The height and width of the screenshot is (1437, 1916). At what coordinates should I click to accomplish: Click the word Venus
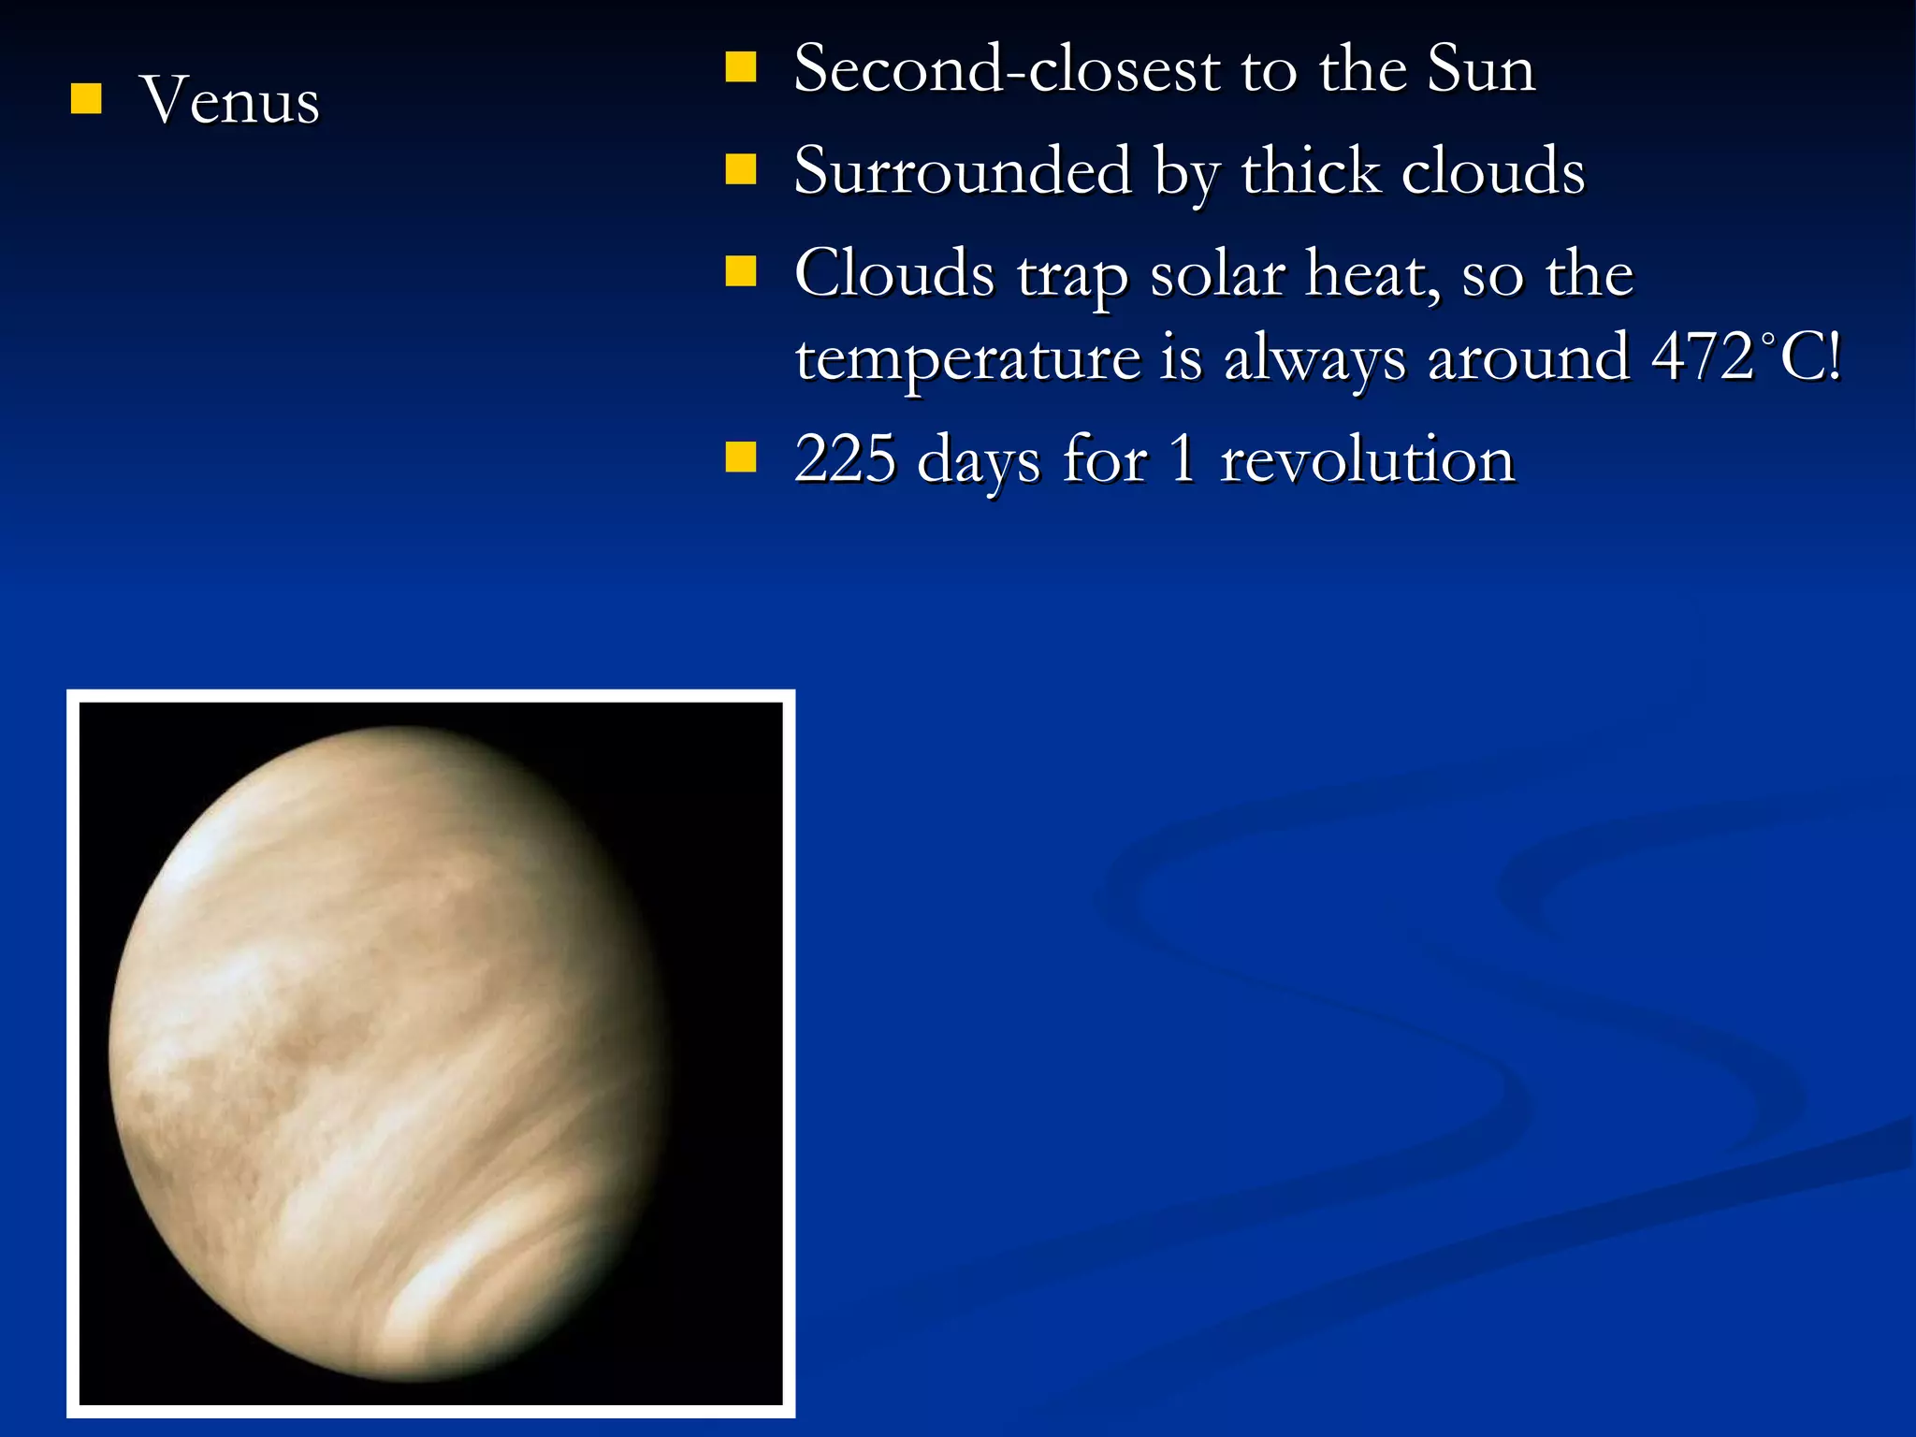[x=229, y=100]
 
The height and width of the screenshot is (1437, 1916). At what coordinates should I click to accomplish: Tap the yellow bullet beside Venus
[x=86, y=98]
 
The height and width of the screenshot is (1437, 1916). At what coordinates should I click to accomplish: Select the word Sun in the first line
[x=1481, y=69]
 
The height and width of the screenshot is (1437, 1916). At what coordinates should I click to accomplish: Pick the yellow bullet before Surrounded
[x=741, y=169]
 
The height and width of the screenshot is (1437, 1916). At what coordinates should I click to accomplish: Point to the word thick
[x=1310, y=171]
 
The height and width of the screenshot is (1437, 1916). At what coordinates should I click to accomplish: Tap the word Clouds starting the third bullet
[x=894, y=273]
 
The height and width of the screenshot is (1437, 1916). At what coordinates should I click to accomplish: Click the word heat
[x=1372, y=273]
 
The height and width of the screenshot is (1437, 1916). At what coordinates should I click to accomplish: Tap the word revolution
[x=1367, y=459]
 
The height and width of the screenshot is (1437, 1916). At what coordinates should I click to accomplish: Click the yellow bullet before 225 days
[x=741, y=457]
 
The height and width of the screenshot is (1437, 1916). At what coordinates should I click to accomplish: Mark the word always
[x=1314, y=360]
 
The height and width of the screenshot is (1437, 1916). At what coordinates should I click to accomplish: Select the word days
[x=979, y=461]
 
